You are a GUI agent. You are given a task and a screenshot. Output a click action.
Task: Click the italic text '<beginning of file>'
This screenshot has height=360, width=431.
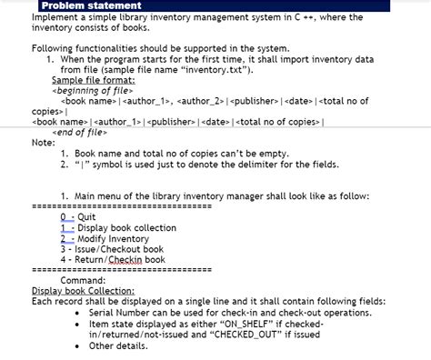point(95,90)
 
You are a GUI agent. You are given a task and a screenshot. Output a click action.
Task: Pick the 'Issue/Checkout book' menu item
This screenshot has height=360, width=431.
point(112,248)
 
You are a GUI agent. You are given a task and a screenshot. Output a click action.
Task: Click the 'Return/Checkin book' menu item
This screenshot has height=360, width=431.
point(113,259)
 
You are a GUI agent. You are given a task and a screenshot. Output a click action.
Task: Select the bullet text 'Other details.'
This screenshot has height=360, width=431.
point(117,345)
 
